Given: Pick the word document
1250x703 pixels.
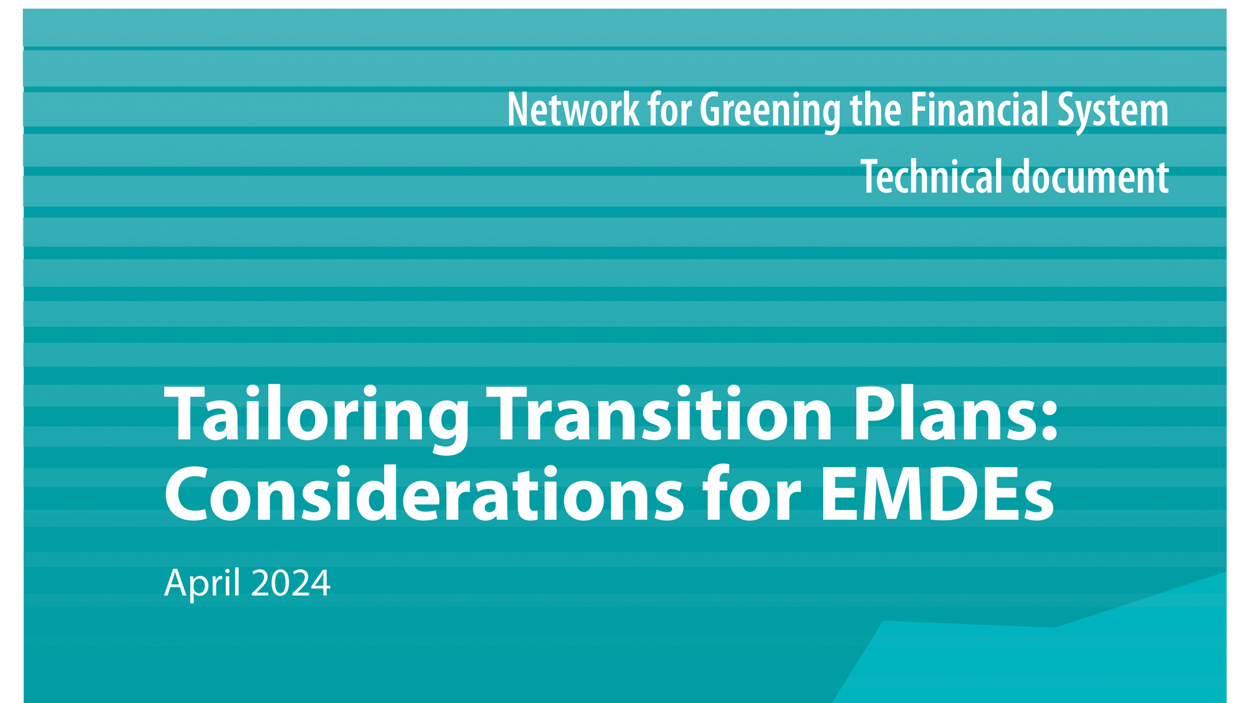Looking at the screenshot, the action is tap(1090, 176).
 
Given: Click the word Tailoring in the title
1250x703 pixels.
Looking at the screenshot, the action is tap(317, 417).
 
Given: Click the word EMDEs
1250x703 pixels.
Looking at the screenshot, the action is tap(937, 495).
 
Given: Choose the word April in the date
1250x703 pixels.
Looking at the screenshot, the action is tap(202, 583).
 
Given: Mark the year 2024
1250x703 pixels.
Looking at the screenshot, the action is tap(290, 583).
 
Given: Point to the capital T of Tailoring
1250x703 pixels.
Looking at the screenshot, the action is tap(189, 414).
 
